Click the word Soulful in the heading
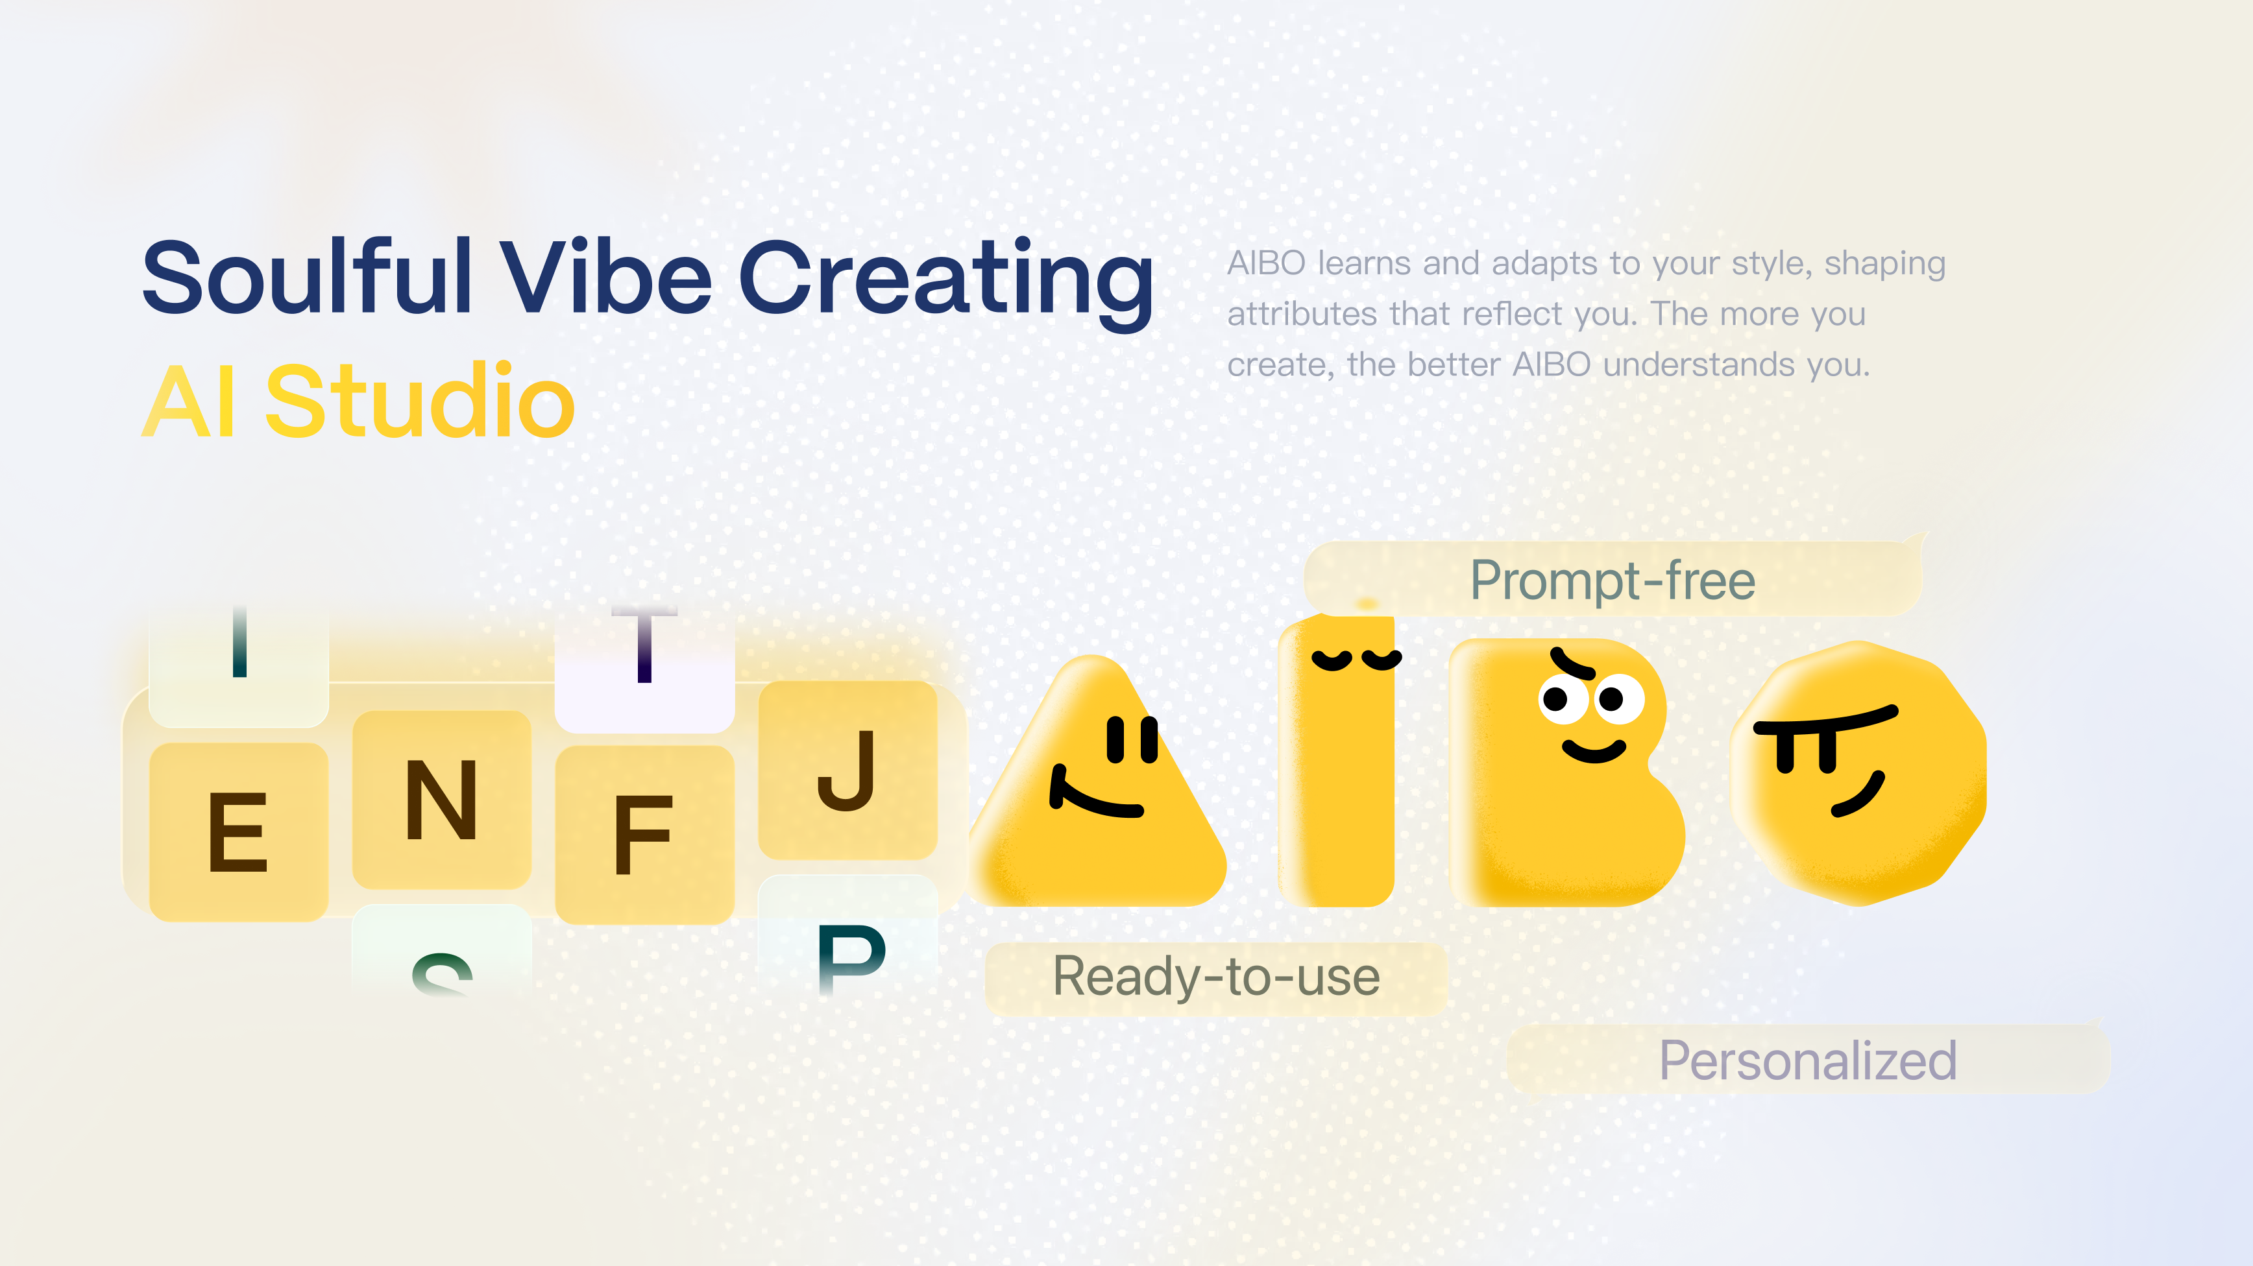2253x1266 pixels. click(307, 278)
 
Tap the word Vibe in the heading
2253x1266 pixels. click(605, 278)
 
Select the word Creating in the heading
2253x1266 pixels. click(945, 278)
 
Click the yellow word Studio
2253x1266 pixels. click(420, 402)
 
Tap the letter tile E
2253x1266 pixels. click(238, 831)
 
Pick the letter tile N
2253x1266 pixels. click(442, 800)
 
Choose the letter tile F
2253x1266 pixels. click(644, 835)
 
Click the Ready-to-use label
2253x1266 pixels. click(1215, 977)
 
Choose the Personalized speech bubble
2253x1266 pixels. click(1807, 1060)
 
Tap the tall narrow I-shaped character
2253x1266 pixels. click(1336, 769)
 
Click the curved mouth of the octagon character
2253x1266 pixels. click(1858, 796)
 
